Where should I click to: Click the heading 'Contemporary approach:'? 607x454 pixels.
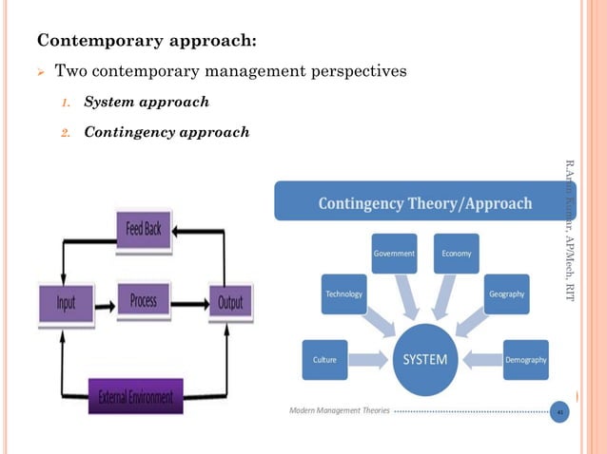pos(146,41)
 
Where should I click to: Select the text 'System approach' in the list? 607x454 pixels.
pos(147,101)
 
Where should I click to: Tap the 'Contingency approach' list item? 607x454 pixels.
pos(166,132)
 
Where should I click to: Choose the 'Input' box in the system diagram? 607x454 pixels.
pos(65,302)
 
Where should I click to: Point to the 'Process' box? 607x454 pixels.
pos(144,301)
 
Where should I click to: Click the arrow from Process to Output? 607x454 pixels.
pos(188,304)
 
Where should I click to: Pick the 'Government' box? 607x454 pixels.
pos(395,254)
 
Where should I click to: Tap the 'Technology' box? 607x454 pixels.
pos(344,294)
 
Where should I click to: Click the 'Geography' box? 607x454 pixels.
pos(506,294)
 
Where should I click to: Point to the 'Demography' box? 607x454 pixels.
pos(525,359)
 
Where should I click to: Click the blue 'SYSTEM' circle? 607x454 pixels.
pos(427,359)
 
